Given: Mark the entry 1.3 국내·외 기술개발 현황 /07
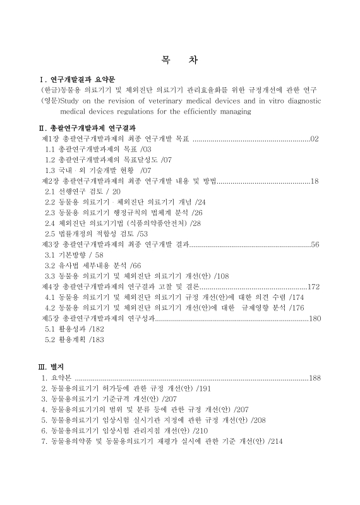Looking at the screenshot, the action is coord(98,170).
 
